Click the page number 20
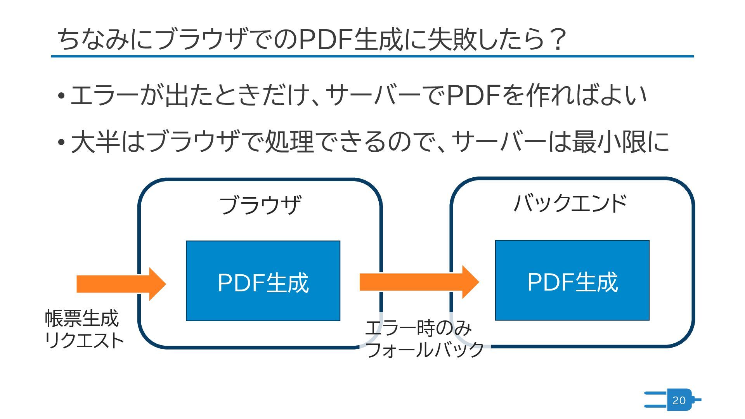click(x=679, y=400)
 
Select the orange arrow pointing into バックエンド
click(x=419, y=282)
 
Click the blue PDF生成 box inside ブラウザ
click(x=263, y=281)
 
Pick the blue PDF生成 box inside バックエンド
click(x=572, y=280)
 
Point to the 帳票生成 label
click(x=82, y=319)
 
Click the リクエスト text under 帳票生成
click(x=84, y=341)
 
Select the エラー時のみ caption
click(x=418, y=328)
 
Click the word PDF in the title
click(x=326, y=40)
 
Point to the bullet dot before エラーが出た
click(x=61, y=96)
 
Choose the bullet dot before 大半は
click(x=61, y=142)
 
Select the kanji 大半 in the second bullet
click(x=95, y=142)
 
